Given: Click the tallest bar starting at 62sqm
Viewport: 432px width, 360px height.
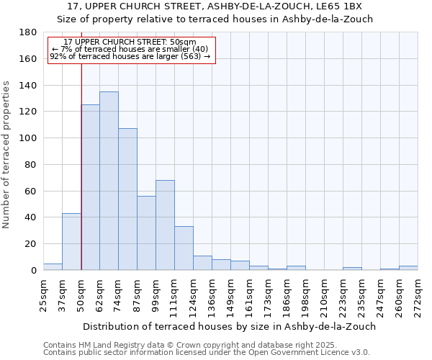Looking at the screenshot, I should tap(109, 181).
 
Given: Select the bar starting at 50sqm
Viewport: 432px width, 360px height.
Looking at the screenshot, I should tap(90, 187).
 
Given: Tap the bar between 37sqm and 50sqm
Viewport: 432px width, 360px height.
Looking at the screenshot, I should tap(71, 241).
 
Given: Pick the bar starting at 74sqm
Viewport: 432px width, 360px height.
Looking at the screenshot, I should tap(127, 199).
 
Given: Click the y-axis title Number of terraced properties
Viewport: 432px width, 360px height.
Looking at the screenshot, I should tap(6, 155).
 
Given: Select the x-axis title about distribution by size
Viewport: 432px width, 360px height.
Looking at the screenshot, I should tap(229, 326).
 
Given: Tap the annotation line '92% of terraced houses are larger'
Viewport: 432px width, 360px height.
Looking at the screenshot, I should tap(130, 56).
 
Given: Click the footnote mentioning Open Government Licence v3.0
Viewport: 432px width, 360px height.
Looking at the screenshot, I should tap(207, 353).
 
